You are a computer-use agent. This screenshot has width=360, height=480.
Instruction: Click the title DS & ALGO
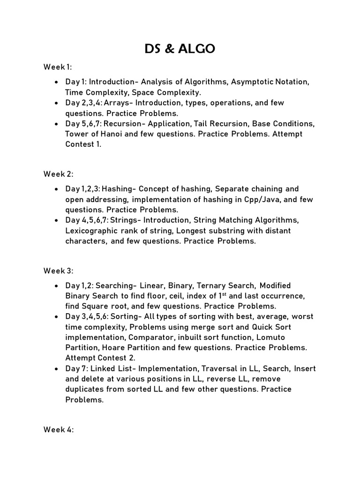[x=180, y=48]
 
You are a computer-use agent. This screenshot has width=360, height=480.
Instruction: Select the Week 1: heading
[x=59, y=67]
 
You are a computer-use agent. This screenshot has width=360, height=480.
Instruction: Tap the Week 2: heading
[x=59, y=174]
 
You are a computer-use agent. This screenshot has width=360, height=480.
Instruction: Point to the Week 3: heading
[x=59, y=270]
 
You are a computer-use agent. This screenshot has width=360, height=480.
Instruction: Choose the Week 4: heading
[x=59, y=430]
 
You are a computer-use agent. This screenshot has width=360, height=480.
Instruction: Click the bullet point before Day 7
[x=56, y=368]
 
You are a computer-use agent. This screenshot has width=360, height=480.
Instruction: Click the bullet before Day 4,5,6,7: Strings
[x=56, y=220]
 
